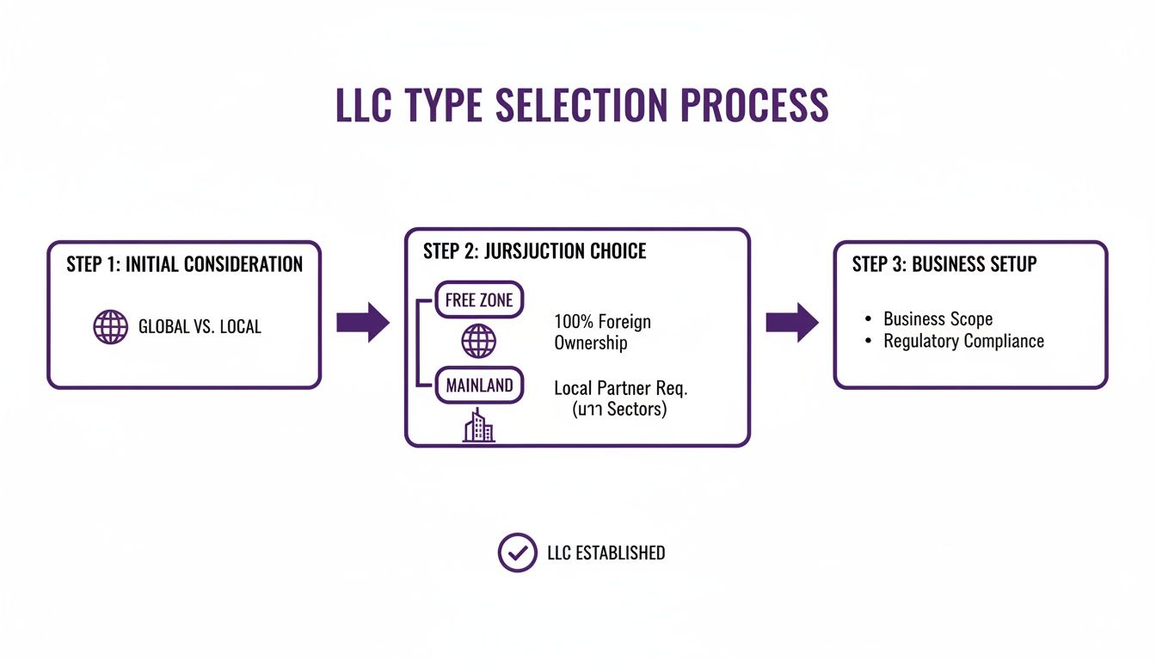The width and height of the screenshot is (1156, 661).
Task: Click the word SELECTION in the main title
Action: [583, 104]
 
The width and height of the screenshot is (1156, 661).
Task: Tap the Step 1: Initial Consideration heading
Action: [184, 264]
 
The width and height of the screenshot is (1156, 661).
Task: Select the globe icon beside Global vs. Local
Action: [110, 327]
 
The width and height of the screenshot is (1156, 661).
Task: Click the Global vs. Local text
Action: [200, 327]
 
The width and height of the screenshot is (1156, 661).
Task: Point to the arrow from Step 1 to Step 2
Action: [362, 322]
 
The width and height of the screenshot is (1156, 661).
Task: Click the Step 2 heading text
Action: [534, 251]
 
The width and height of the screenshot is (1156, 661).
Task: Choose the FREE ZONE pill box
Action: [479, 300]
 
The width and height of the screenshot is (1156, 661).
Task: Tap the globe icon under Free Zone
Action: [479, 341]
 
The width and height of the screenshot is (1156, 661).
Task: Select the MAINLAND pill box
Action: [479, 386]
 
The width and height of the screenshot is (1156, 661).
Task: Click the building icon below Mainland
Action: [479, 426]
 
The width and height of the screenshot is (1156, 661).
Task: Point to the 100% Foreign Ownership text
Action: [602, 332]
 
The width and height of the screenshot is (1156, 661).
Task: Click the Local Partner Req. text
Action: [620, 388]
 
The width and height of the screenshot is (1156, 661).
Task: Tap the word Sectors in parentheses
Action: [636, 410]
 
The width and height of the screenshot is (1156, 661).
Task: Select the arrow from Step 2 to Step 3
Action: [792, 322]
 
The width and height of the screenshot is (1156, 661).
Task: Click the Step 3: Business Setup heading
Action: [944, 264]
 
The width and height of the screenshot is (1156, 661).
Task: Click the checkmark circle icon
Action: [517, 553]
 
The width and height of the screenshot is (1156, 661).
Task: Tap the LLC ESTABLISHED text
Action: [606, 553]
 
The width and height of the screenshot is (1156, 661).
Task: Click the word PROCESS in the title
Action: [753, 104]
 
